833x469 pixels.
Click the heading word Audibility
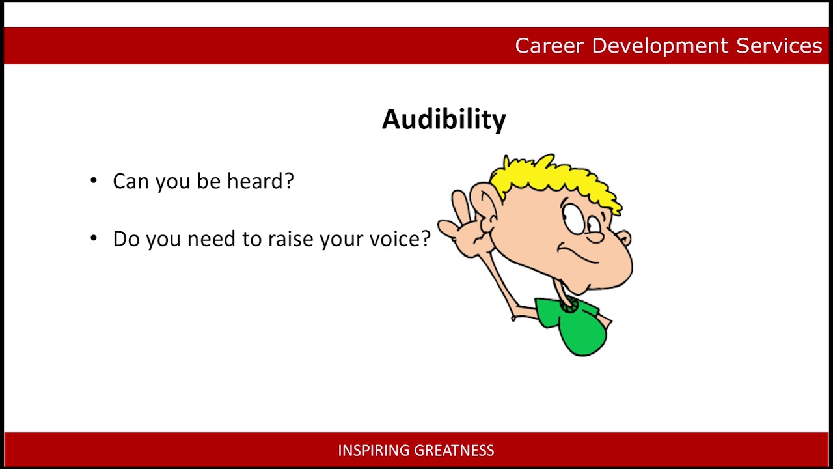(444, 119)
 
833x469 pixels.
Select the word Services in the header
(779, 46)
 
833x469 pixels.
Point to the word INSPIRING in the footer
(373, 450)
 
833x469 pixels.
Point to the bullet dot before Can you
(94, 180)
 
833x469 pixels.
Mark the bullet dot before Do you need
(94, 238)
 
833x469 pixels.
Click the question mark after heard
(289, 181)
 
